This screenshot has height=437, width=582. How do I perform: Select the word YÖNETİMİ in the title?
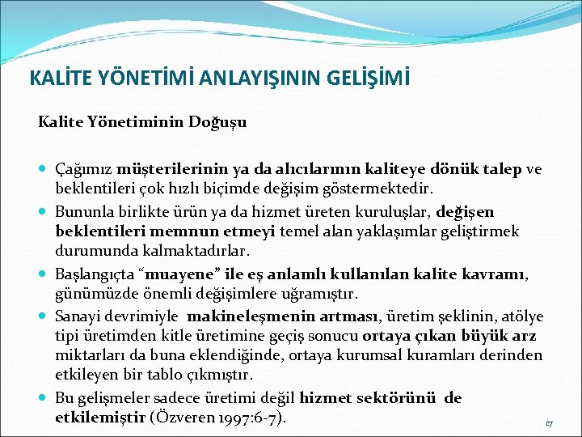[x=140, y=79]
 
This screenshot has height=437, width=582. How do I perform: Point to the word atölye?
[x=523, y=316]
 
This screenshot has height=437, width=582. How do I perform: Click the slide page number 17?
[x=549, y=423]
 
